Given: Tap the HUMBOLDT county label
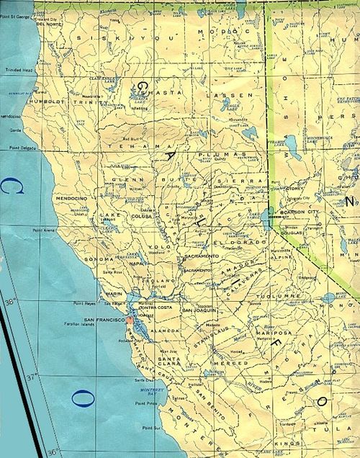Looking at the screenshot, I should [x=45, y=103].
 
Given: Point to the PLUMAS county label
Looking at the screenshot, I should [x=213, y=153].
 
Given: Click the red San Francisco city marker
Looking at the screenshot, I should [x=128, y=317].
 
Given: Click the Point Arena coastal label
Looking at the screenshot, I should [x=45, y=230].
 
